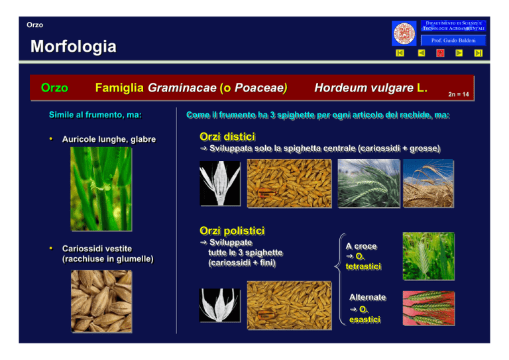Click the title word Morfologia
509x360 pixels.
tap(74, 46)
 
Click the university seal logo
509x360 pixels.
tap(404, 33)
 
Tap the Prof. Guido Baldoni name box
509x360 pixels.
tap(453, 40)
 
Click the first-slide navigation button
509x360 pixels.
tap(400, 53)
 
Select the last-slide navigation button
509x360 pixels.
tap(478, 53)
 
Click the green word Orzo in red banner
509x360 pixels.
tap(54, 88)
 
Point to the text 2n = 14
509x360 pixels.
tap(459, 94)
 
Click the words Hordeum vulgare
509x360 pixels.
tap(364, 88)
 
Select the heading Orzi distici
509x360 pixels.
tap(227, 137)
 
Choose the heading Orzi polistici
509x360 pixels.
tap(232, 231)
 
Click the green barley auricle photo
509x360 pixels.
tap(101, 189)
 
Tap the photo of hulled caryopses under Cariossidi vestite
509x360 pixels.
tap(101, 301)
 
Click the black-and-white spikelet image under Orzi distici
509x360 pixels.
tap(220, 184)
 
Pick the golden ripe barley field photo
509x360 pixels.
tap(429, 183)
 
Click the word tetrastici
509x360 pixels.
tap(363, 267)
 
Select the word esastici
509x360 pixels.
tap(365, 320)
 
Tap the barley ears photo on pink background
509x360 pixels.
tap(429, 308)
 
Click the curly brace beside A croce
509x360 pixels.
tap(339, 279)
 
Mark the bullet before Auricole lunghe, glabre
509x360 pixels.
tap(50, 139)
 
